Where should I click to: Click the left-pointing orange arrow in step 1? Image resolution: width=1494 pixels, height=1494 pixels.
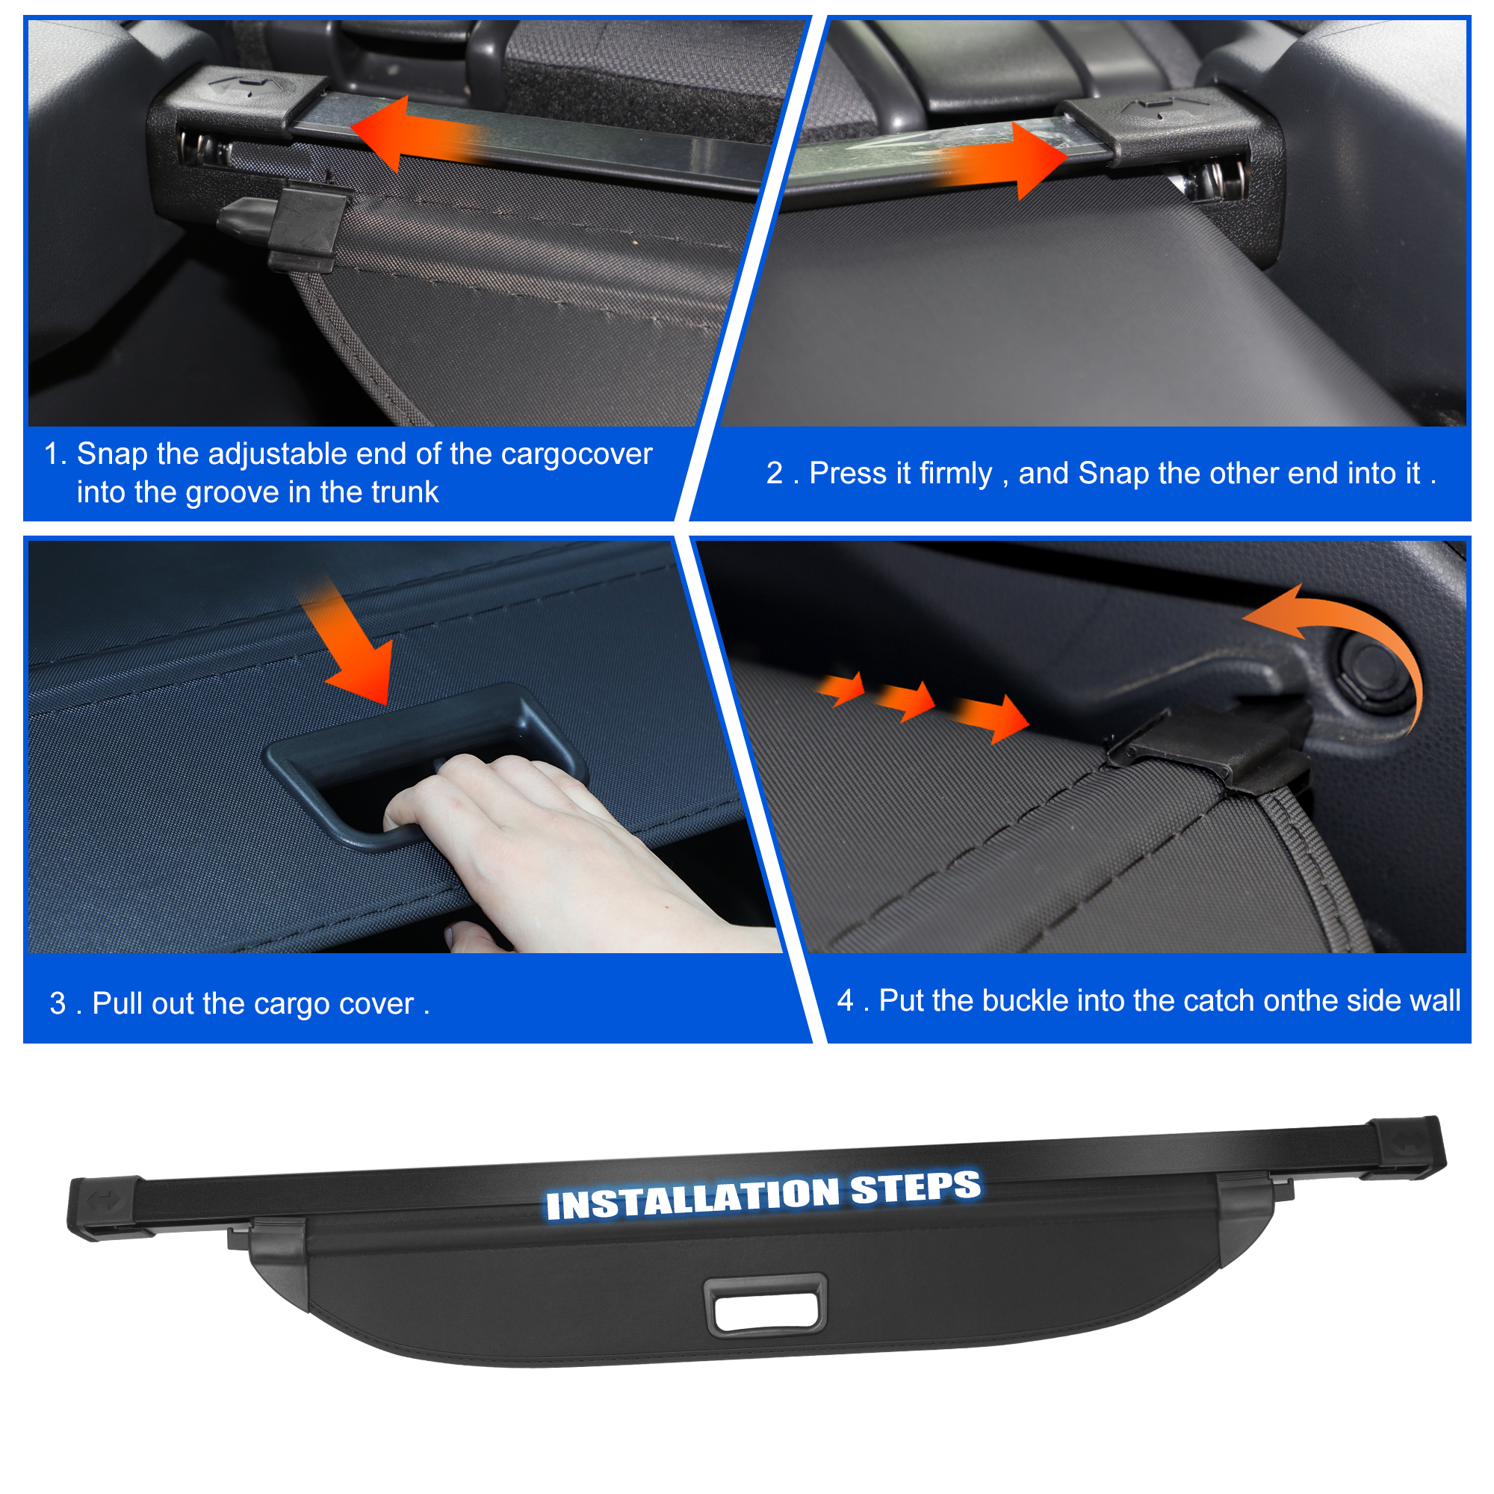click(x=418, y=133)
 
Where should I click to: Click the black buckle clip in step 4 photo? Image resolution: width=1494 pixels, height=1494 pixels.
click(x=1210, y=750)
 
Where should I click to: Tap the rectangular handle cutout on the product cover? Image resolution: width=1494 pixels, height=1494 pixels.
click(x=765, y=1305)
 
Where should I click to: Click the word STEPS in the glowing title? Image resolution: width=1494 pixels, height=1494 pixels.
click(x=916, y=1188)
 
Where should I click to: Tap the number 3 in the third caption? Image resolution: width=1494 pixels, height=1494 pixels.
click(x=58, y=1003)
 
